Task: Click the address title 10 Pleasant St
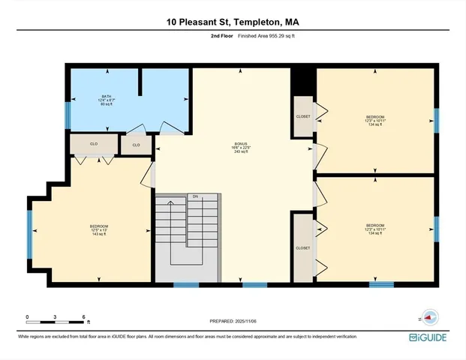click(233, 22)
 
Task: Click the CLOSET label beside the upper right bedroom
click(302, 117)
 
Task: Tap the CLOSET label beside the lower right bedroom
click(302, 247)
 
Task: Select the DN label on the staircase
click(194, 196)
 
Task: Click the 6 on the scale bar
click(83, 316)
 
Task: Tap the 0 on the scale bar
click(27, 316)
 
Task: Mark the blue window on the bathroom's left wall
click(68, 115)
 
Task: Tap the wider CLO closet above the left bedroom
click(94, 143)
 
